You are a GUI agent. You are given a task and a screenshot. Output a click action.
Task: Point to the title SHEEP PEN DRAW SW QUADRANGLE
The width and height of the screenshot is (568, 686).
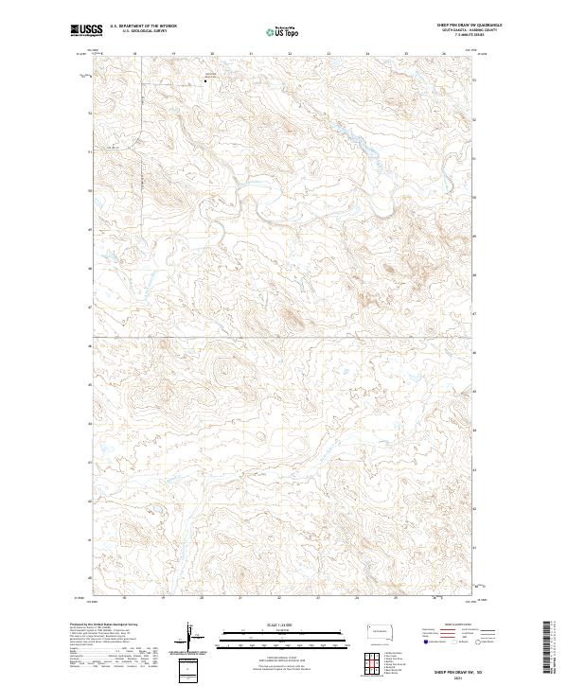coord(454,26)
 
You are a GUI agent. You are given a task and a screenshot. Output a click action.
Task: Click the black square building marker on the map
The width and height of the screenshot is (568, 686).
coord(206,80)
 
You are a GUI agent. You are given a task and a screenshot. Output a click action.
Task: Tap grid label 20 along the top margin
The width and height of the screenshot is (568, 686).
coord(211,54)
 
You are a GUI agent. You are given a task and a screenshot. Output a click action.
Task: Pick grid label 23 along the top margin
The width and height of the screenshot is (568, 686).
coord(328,54)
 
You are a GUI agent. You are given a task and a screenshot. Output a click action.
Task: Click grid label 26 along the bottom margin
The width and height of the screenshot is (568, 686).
coord(444,598)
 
